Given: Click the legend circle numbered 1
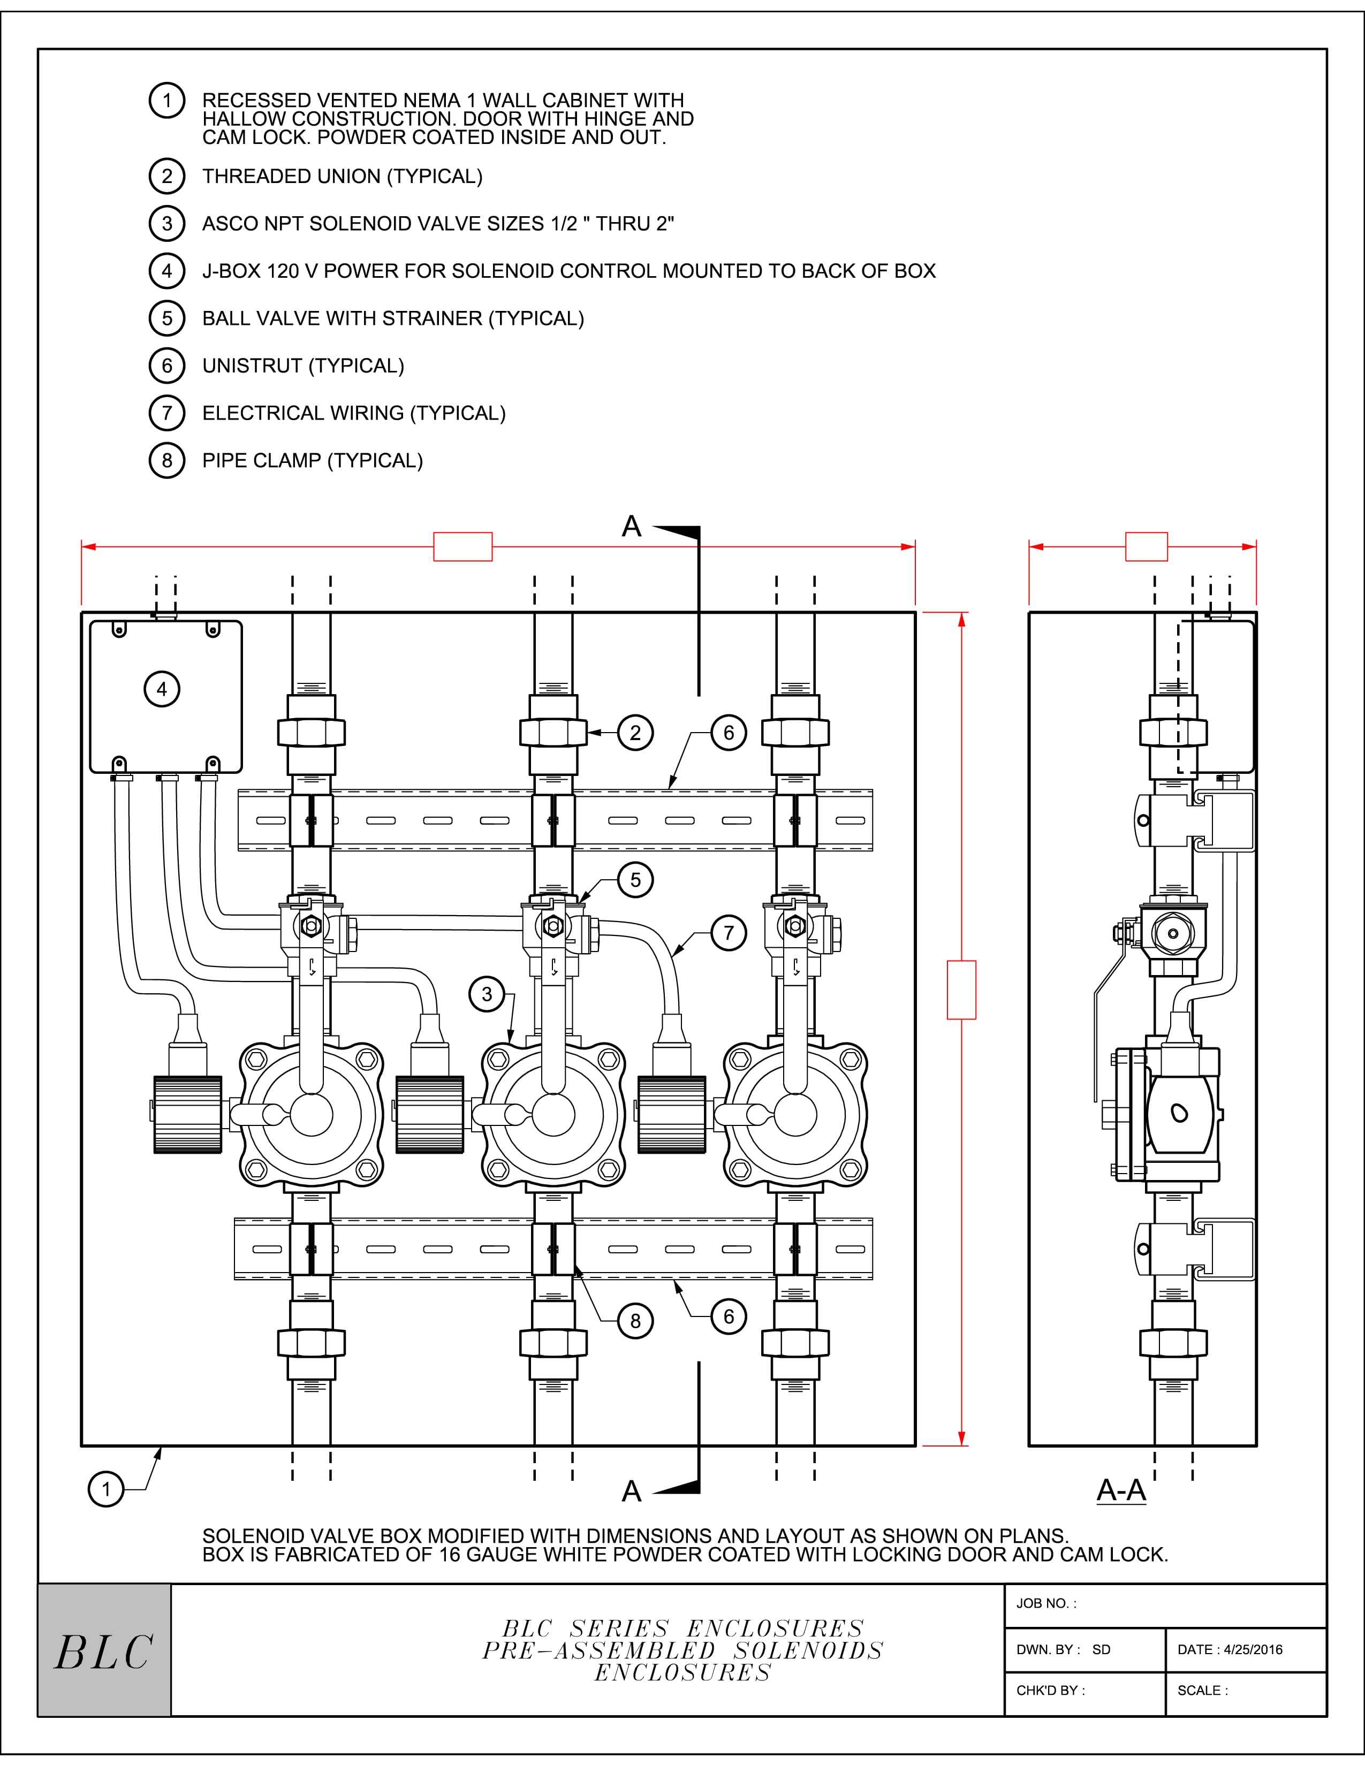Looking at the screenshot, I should (x=166, y=101).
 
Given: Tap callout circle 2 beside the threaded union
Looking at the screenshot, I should (x=635, y=733).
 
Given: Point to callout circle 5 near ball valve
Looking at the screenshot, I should (x=635, y=880).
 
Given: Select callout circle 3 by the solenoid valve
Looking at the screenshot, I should (x=486, y=994).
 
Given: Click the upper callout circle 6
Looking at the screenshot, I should (x=728, y=733).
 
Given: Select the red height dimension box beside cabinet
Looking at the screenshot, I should (x=961, y=989).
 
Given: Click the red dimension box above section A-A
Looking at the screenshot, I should (x=1146, y=546).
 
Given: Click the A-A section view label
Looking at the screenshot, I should (x=1121, y=1489).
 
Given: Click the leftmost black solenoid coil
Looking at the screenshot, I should (x=187, y=1114).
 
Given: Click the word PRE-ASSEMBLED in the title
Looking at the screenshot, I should (x=599, y=1650).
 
